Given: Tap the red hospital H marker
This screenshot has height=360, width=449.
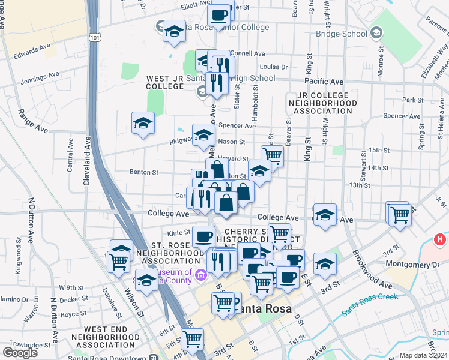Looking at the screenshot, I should (x=440, y=239).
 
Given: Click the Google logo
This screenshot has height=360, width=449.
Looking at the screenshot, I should (x=20, y=353).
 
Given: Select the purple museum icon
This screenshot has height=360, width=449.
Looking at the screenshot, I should (x=200, y=276).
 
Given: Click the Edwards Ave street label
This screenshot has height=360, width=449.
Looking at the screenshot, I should (x=32, y=49).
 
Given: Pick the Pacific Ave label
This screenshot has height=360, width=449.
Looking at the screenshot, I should (x=324, y=82).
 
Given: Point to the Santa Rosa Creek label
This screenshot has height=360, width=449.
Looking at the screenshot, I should (x=371, y=304).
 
